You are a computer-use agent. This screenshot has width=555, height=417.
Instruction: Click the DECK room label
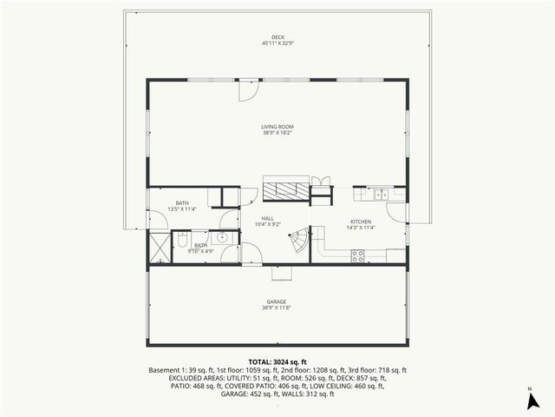click(277, 37)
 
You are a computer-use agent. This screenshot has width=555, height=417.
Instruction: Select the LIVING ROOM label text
click(277, 127)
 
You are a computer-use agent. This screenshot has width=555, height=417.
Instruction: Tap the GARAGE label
click(277, 302)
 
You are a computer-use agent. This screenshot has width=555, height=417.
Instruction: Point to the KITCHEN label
click(361, 222)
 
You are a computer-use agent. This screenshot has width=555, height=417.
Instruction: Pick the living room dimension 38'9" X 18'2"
click(277, 133)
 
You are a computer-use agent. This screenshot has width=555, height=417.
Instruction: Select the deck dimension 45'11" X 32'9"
click(277, 43)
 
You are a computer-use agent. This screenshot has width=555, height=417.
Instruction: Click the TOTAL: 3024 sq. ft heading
click(277, 361)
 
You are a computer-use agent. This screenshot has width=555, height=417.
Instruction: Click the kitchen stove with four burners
click(356, 255)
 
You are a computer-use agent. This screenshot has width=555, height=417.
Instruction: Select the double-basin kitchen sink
click(382, 195)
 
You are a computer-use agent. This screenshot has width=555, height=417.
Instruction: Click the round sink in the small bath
click(222, 236)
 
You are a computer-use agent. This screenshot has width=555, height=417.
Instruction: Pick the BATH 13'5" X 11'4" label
click(182, 206)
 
